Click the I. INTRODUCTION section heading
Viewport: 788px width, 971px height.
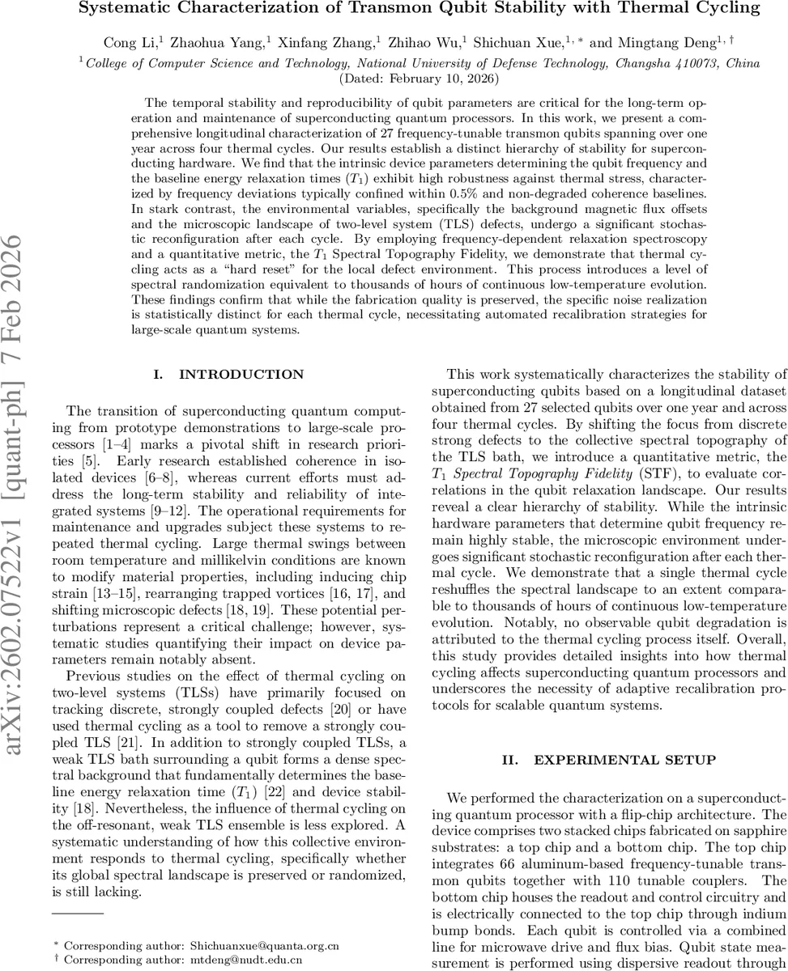pyautogui.click(x=228, y=375)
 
